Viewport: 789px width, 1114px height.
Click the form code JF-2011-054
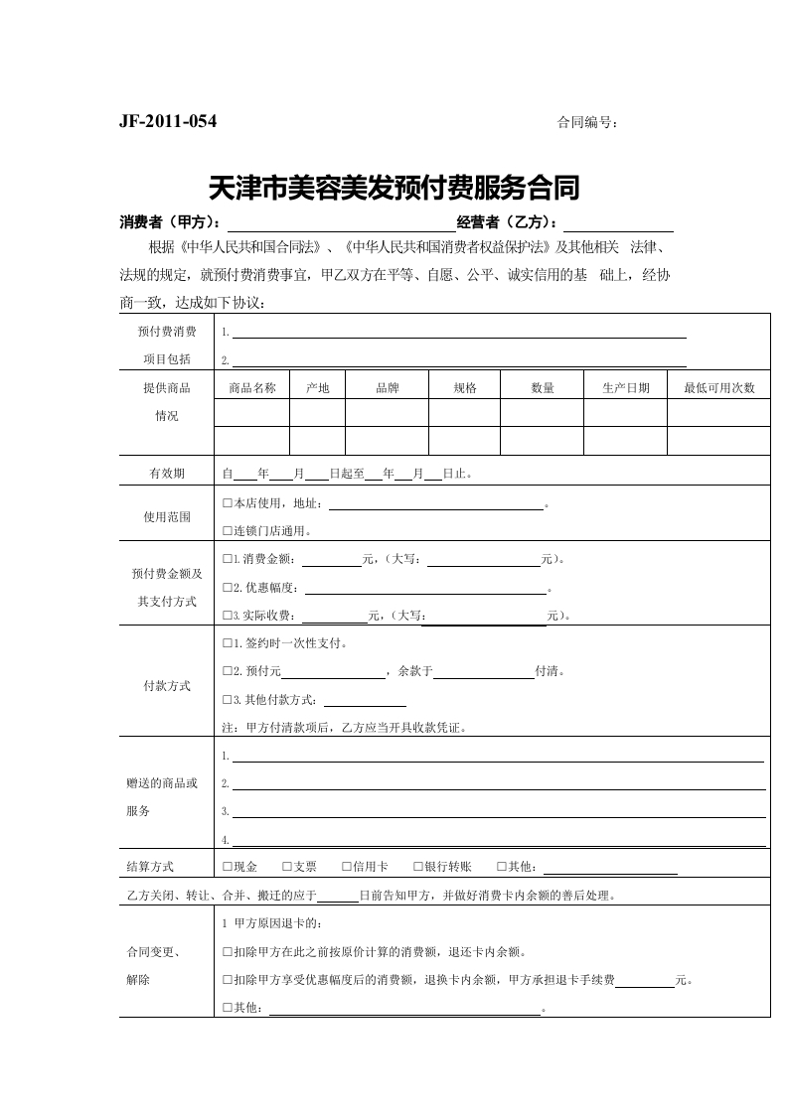tap(168, 122)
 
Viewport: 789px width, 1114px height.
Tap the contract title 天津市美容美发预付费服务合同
tap(394, 187)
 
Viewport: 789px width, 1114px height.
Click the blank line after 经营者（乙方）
tap(618, 223)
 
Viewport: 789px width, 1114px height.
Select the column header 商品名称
tap(251, 388)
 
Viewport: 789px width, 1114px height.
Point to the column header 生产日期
tap(625, 388)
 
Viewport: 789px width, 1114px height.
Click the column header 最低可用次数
tap(718, 388)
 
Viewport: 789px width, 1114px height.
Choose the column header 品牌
tap(387, 388)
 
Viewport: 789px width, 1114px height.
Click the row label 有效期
tap(166, 474)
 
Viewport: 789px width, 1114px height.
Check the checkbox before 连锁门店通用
tap(228, 530)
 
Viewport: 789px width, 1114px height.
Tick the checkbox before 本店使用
tap(228, 503)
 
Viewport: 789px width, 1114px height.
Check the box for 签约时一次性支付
tap(228, 643)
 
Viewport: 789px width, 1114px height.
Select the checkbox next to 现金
tap(228, 867)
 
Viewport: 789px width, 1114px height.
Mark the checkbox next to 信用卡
tap(346, 867)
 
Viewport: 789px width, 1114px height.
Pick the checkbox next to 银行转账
tap(417, 867)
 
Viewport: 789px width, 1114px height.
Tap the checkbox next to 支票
tap(286, 867)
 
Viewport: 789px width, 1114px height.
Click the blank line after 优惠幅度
tap(427, 588)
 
